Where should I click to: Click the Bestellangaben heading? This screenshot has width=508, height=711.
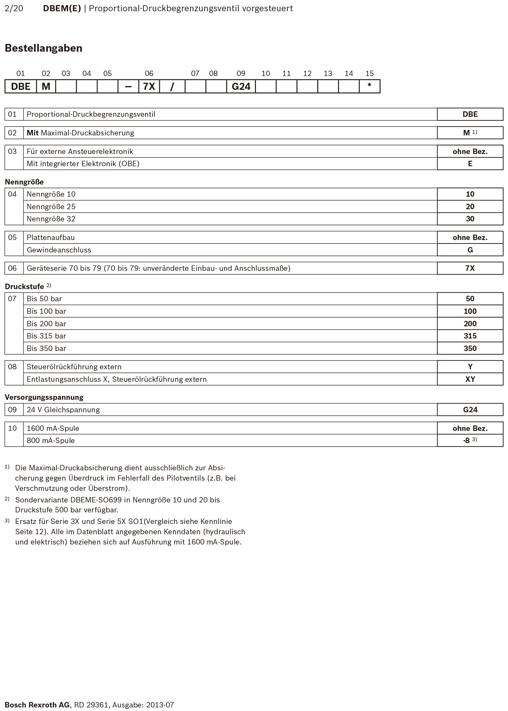pyautogui.click(x=44, y=48)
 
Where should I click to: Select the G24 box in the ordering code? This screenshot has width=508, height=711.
pyautogui.click(x=241, y=87)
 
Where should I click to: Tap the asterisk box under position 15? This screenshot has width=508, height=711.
pyautogui.click(x=369, y=86)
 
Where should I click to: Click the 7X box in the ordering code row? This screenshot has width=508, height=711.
pyautogui.click(x=149, y=87)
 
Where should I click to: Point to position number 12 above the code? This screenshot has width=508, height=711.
pyautogui.click(x=307, y=73)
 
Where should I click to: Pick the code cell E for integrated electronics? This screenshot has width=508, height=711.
pyautogui.click(x=470, y=164)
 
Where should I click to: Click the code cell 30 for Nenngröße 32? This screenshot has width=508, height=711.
pyautogui.click(x=470, y=219)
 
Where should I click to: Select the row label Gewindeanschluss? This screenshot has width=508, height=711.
pyautogui.click(x=59, y=250)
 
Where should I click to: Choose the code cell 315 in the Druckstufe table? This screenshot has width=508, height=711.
pyautogui.click(x=470, y=336)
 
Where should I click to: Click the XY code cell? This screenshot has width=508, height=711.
pyautogui.click(x=470, y=379)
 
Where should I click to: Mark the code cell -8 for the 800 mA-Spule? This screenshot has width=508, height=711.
pyautogui.click(x=467, y=441)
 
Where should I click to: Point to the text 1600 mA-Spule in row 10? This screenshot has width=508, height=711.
pyautogui.click(x=53, y=428)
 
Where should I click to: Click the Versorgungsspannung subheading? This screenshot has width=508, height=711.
pyautogui.click(x=44, y=397)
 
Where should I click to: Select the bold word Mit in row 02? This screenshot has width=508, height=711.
pyautogui.click(x=32, y=133)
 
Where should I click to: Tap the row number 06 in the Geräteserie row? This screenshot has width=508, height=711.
pyautogui.click(x=12, y=268)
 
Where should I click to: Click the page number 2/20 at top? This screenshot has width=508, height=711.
pyautogui.click(x=14, y=8)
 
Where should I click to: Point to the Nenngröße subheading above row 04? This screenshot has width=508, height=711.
pyautogui.click(x=24, y=182)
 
